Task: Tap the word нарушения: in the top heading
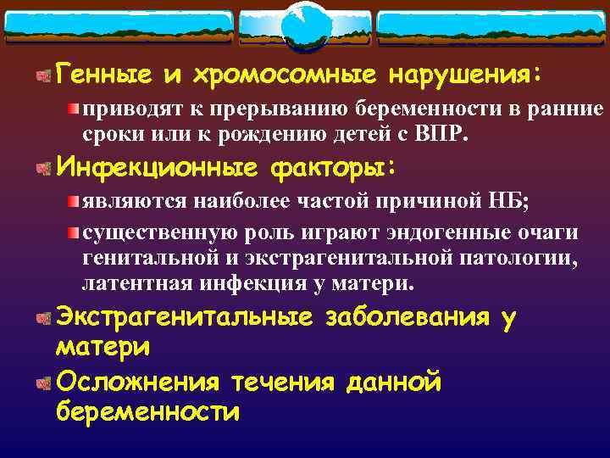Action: point(463,75)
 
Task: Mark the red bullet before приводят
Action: point(75,109)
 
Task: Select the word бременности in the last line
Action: point(147,412)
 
